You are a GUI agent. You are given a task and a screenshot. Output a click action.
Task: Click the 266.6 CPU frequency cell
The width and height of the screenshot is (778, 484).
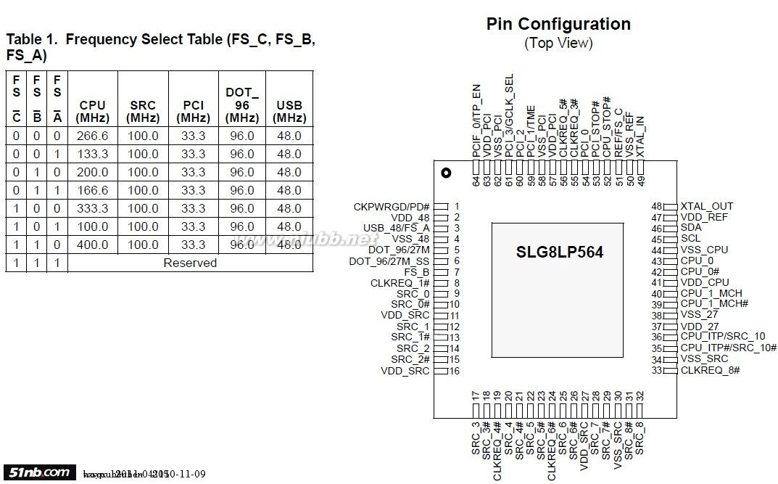92,136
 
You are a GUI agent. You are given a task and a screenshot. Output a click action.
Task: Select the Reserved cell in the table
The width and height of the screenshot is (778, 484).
189,263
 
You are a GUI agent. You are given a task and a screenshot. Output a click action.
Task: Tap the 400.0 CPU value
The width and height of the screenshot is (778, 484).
92,245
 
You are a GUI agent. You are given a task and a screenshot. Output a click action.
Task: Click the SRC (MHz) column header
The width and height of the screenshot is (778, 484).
143,111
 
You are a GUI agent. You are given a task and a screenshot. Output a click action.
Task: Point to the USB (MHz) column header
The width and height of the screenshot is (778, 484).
289,111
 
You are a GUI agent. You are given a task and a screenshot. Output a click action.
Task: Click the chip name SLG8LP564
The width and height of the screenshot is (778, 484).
559,253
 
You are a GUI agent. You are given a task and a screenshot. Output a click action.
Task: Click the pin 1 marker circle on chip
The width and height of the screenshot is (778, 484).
446,173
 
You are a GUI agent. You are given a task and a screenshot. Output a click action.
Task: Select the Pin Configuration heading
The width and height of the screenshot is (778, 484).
558,24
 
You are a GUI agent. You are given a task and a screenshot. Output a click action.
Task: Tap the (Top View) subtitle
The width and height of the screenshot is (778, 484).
558,44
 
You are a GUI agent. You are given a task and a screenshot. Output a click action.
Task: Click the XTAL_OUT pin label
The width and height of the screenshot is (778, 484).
706,206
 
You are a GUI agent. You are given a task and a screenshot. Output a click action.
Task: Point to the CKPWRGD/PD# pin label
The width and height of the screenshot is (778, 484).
392,207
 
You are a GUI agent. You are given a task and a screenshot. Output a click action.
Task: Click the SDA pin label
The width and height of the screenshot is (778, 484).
690,227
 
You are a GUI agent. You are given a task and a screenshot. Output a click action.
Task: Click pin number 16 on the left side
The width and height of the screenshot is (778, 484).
455,371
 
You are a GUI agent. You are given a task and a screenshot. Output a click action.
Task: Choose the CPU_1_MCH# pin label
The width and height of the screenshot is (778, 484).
714,304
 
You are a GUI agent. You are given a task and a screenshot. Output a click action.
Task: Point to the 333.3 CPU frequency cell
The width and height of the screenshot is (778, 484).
92,208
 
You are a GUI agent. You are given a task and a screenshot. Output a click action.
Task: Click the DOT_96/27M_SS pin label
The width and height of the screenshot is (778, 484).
389,261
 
